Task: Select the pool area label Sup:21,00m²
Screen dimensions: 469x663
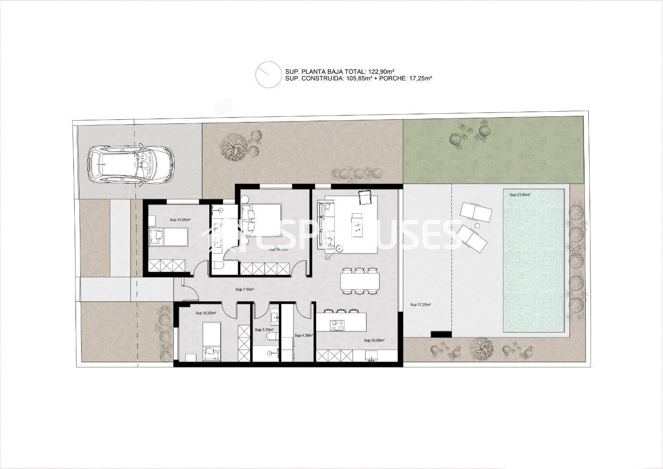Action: pyautogui.click(x=520, y=195)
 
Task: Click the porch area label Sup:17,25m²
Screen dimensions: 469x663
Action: pyautogui.click(x=420, y=305)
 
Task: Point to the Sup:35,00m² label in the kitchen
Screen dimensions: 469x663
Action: pyautogui.click(x=374, y=341)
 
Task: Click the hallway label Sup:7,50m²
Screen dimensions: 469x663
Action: pyautogui.click(x=244, y=289)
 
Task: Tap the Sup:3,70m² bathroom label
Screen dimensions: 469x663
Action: pyautogui.click(x=264, y=330)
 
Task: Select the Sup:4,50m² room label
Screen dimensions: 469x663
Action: pyautogui.click(x=303, y=336)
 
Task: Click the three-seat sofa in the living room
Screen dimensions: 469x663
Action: pyautogui.click(x=326, y=223)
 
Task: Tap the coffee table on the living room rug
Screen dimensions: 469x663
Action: pyautogui.click(x=357, y=225)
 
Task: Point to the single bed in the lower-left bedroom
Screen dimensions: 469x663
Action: pyautogui.click(x=211, y=340)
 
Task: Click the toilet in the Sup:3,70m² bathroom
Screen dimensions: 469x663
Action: pyautogui.click(x=272, y=337)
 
